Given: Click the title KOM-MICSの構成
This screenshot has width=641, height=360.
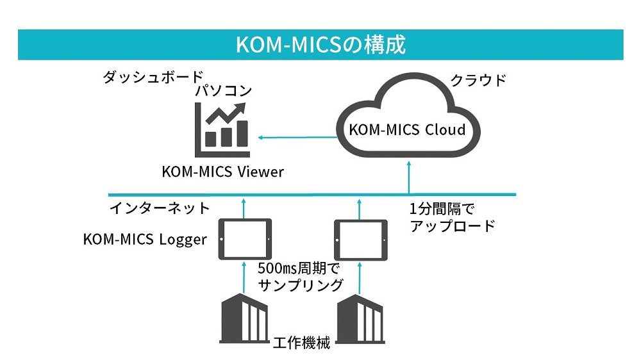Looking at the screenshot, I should (x=320, y=45).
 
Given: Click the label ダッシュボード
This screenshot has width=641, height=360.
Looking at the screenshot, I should (x=153, y=77).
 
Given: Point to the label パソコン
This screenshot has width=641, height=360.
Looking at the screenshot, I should (x=224, y=92).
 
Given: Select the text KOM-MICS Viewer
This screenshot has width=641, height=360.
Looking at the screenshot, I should (x=222, y=172).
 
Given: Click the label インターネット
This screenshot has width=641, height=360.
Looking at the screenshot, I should (x=160, y=208).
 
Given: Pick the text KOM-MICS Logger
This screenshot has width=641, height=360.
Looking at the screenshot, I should (x=145, y=240).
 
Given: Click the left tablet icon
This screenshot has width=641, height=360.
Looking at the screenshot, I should (x=245, y=239).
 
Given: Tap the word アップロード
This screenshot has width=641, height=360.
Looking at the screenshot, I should (x=452, y=226).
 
